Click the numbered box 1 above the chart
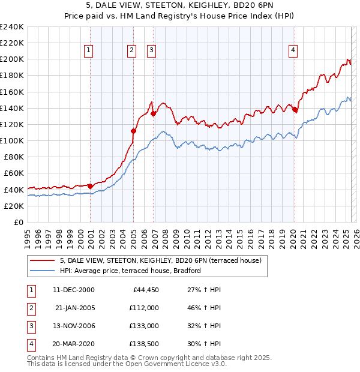coord(88,51)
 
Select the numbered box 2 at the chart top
coord(131,51)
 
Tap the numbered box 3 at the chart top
coord(151,51)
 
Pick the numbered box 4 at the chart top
coord(293,51)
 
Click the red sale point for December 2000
coord(90,185)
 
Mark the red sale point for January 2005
coord(133,131)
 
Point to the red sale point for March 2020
coord(295,109)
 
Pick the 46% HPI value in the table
coord(200,308)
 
